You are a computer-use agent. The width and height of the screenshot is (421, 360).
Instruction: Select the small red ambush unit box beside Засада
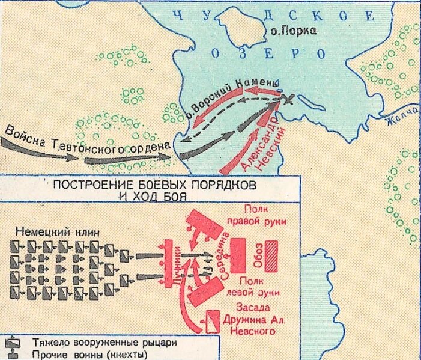(x=212, y=322)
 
